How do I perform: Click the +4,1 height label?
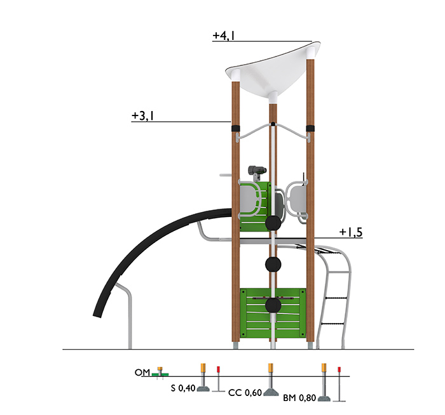224,36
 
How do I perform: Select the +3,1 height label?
143,115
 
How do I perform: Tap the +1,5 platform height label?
351,232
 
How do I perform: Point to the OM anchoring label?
142,372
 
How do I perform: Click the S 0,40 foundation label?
183,388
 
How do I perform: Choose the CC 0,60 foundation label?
245,393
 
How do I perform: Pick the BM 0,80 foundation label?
299,398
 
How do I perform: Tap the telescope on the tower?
257,170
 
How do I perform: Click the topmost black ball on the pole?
273,223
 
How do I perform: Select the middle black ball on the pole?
273,265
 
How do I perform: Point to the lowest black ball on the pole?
273,305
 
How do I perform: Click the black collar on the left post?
236,128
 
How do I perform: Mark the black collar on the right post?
310,128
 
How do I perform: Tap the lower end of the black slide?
97,315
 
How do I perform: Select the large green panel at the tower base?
273,313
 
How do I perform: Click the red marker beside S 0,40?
218,369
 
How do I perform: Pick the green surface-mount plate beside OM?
160,374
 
